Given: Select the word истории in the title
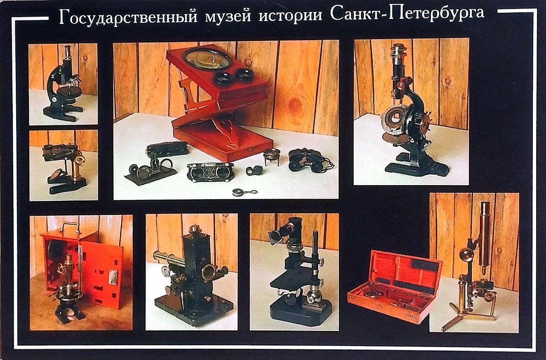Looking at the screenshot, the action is [290, 17].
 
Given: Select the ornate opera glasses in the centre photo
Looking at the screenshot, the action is [210, 173].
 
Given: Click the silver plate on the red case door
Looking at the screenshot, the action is [113, 277].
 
